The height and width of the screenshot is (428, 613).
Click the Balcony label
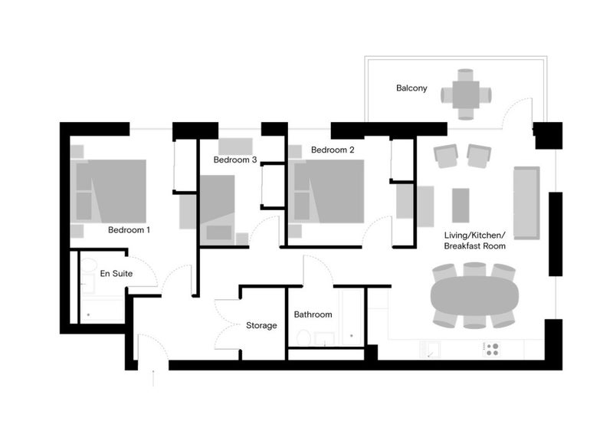click(411, 88)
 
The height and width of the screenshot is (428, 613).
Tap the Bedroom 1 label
click(129, 229)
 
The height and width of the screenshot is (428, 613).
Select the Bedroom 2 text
click(333, 150)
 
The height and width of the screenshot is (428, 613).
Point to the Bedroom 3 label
click(234, 160)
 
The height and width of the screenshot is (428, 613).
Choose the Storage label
click(261, 325)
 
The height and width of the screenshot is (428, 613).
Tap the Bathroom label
click(313, 314)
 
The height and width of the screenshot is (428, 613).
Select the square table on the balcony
click(466, 94)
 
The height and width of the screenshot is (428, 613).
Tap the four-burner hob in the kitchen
click(492, 349)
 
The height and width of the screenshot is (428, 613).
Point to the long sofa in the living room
click(527, 202)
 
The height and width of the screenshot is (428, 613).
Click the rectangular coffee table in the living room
click(461, 205)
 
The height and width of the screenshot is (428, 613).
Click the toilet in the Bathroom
click(303, 338)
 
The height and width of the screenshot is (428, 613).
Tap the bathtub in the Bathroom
click(351, 317)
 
